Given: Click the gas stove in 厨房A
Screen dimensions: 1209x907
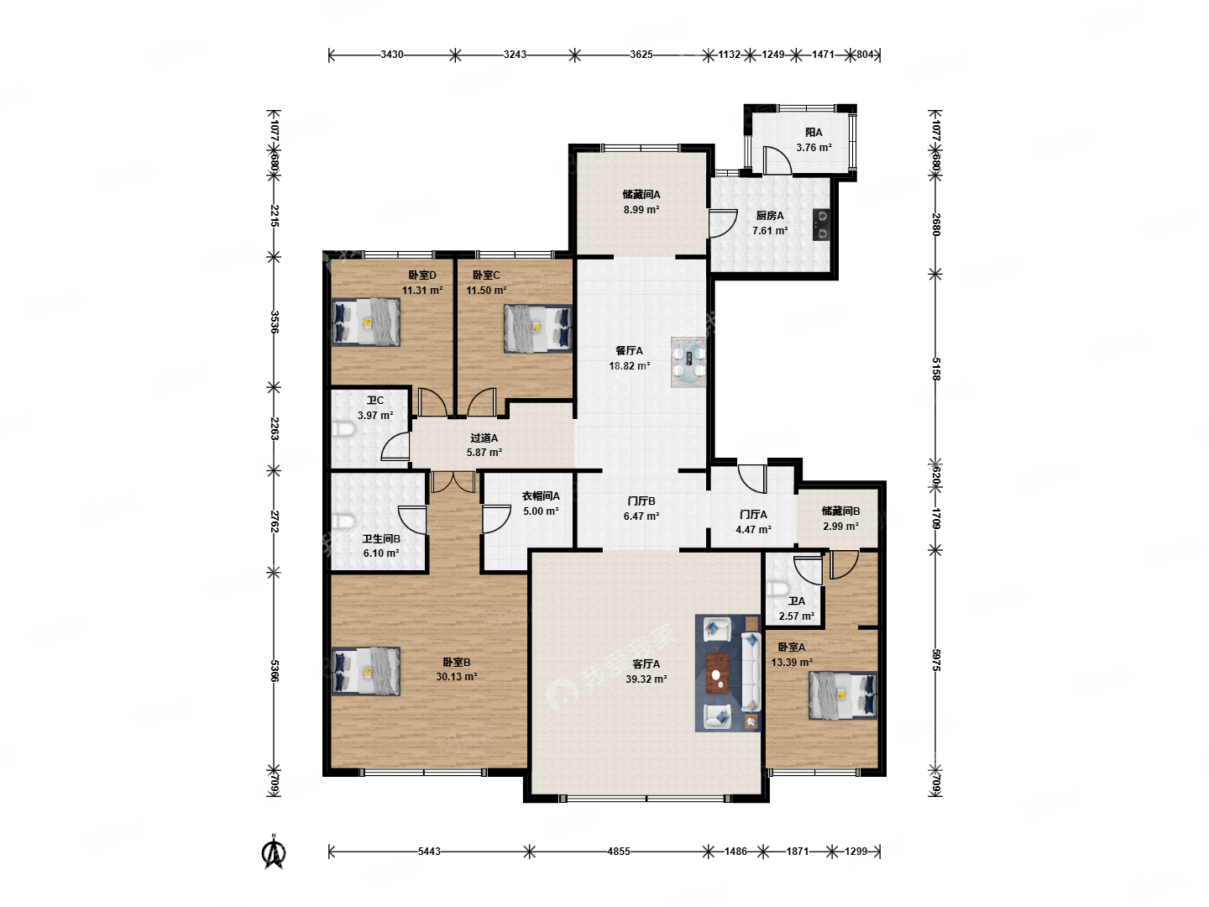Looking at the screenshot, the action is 820,224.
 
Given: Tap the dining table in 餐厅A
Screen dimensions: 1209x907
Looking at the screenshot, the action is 688,362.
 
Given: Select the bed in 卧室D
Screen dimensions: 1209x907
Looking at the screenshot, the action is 365,322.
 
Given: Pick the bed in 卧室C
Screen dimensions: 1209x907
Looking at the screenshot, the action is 537,328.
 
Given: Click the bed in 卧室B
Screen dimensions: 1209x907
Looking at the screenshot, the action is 365,671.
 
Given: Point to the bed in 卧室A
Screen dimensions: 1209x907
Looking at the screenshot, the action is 842,695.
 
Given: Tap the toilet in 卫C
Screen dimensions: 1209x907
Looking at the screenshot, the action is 343,429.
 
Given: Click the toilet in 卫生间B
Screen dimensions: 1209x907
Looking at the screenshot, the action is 343,521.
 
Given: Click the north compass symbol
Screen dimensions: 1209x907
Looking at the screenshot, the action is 273,852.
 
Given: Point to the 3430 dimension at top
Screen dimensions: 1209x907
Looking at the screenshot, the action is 391,55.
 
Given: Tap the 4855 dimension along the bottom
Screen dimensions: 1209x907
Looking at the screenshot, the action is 618,852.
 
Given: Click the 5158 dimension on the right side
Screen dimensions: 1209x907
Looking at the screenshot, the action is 936,369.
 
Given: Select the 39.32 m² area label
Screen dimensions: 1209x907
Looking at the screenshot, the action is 646,679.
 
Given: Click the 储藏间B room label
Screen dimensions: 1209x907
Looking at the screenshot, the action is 840,511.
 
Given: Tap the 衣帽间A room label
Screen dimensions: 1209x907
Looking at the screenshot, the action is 541,495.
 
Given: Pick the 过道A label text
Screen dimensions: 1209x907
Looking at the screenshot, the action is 484,438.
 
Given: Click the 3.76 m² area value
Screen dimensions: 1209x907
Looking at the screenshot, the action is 814,148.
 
